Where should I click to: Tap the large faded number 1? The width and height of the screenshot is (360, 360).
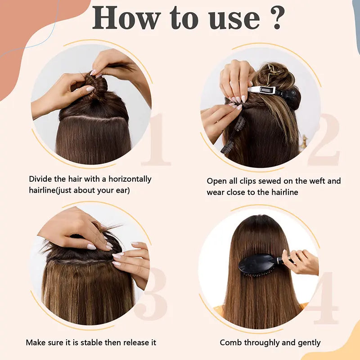[x=155, y=140]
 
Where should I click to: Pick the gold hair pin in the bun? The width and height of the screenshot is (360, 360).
[x=272, y=72]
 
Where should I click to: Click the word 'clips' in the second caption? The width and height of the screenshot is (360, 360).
[x=250, y=181]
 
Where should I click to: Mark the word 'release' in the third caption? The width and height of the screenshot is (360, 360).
[x=134, y=342]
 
